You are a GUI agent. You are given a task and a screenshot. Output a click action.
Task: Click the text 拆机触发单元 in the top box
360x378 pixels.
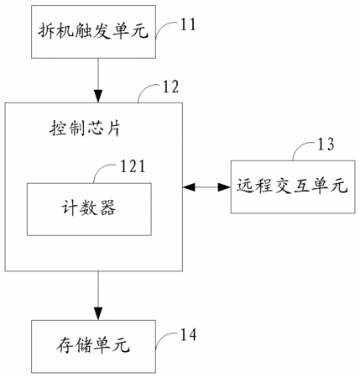click(x=93, y=30)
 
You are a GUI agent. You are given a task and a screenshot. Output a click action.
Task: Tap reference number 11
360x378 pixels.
click(x=188, y=24)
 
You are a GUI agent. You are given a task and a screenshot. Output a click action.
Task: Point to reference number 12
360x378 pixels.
click(x=170, y=87)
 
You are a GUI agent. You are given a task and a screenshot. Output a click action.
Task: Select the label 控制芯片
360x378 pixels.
click(x=85, y=129)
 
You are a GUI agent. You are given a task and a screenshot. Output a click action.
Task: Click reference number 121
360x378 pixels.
click(x=133, y=166)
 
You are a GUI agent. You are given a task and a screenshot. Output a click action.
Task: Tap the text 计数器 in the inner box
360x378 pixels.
click(x=88, y=207)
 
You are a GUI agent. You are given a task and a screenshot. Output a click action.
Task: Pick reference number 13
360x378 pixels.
click(x=326, y=144)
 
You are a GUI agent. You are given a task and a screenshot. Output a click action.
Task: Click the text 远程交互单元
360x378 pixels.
click(x=292, y=186)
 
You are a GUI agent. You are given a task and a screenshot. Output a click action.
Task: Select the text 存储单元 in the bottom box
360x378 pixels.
click(x=93, y=345)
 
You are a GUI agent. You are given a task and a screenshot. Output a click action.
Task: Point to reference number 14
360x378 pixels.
click(x=188, y=334)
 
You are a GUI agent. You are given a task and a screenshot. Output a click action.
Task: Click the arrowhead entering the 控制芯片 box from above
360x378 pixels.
click(x=98, y=96)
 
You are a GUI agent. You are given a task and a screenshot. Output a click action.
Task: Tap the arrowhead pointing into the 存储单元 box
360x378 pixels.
click(x=98, y=313)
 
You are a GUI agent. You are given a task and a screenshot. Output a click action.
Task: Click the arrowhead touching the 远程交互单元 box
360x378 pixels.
click(x=224, y=187)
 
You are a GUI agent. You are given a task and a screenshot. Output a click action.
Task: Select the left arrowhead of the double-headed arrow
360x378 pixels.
click(x=189, y=187)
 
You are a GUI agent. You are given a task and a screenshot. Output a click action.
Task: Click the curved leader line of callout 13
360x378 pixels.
click(x=300, y=146)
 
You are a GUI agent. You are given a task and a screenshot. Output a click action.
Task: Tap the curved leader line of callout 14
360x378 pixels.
click(x=164, y=336)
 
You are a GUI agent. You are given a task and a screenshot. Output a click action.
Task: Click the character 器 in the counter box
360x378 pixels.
click(x=107, y=207)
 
